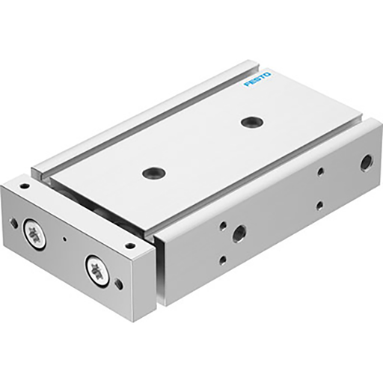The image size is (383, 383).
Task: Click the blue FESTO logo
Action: pos(259,80)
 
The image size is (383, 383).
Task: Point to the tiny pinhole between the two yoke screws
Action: pos(65,239)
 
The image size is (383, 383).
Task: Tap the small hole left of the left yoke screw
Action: pos(14,222)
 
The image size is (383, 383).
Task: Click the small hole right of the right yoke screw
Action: pos(118,284)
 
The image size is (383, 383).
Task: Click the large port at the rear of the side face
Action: pos(366,162)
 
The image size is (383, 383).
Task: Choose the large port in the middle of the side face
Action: pos(239,233)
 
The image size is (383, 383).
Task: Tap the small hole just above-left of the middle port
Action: pos(221,223)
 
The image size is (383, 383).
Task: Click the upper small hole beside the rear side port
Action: pos(320,171)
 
